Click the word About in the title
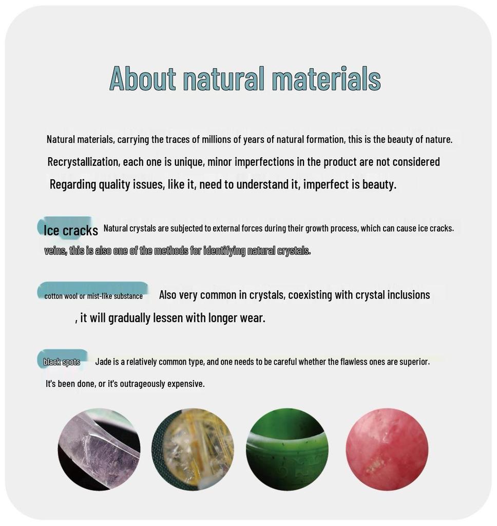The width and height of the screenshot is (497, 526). (143, 79)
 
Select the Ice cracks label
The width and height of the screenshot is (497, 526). (71, 231)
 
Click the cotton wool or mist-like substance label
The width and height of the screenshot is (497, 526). (93, 296)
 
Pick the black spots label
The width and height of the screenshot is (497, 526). (62, 362)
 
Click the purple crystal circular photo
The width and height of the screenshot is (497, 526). (99, 449)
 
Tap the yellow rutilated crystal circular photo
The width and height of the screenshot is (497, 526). (193, 449)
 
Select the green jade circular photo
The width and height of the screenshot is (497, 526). (287, 449)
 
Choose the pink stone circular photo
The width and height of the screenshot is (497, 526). (387, 449)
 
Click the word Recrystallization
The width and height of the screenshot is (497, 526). (84, 162)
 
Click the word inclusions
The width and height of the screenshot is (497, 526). (409, 295)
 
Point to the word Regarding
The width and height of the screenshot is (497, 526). (73, 184)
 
